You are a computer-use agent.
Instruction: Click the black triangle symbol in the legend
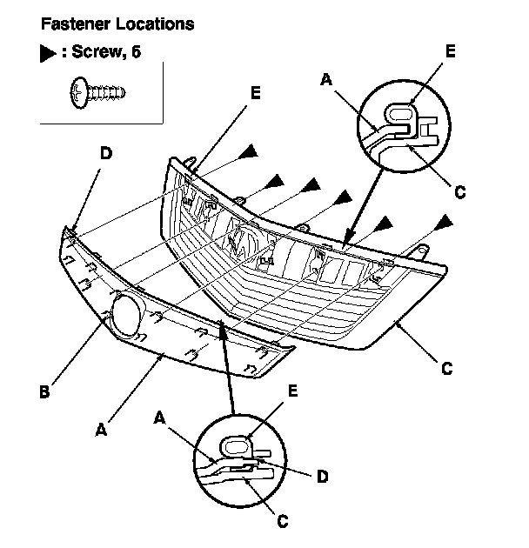(x=47, y=53)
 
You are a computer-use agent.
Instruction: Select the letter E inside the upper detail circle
(x=450, y=51)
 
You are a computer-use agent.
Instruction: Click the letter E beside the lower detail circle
(x=292, y=391)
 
